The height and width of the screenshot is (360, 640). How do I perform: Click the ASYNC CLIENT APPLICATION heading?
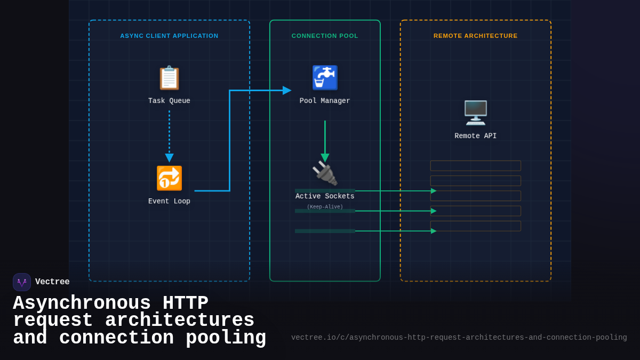point(169,36)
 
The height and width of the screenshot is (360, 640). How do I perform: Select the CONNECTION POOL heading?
point(325,36)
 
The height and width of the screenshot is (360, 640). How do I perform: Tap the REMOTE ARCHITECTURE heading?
point(475,36)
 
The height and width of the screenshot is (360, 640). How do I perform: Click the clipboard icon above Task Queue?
point(169,78)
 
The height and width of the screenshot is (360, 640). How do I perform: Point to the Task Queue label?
point(169,101)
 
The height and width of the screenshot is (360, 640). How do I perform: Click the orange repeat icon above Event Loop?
point(169,178)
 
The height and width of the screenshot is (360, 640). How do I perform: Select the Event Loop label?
point(169,201)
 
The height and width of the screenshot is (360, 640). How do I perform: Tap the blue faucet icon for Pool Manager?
point(325,78)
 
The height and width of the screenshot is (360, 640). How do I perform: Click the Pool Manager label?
point(325,101)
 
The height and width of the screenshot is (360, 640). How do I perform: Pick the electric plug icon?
point(325,173)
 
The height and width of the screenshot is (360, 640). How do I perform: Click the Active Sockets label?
point(325,196)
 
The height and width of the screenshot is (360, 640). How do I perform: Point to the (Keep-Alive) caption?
point(325,207)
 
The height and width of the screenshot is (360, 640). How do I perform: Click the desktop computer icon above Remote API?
point(475,113)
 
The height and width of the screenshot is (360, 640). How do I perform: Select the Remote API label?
point(475,136)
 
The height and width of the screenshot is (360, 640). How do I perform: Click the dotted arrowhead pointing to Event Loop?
point(169,158)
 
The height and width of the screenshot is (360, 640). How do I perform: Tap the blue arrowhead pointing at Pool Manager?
point(287,90)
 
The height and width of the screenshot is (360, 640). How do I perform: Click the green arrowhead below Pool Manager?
point(325,158)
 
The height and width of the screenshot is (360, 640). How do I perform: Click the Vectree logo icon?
point(22,282)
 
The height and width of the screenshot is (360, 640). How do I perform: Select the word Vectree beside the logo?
point(52,282)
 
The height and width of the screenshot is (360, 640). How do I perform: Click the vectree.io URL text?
point(459,338)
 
